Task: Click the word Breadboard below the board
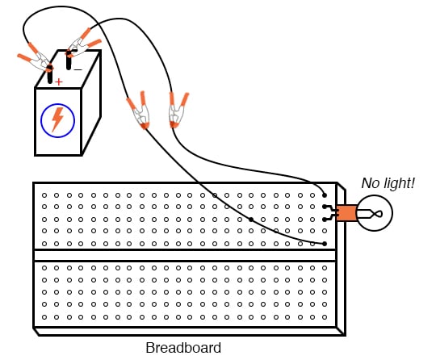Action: pyautogui.click(x=182, y=349)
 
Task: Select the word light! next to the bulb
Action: pyautogui.click(x=399, y=184)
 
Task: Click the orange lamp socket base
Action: pyautogui.click(x=346, y=213)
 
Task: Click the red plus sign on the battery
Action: pyautogui.click(x=58, y=82)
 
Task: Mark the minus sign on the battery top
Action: pyautogui.click(x=78, y=69)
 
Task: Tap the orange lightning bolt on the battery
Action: pyautogui.click(x=57, y=119)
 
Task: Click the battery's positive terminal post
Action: pyautogui.click(x=50, y=76)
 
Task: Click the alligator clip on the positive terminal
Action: pyautogui.click(x=36, y=60)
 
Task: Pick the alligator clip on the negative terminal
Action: pyautogui.click(x=83, y=41)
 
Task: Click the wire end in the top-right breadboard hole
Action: pyautogui.click(x=324, y=195)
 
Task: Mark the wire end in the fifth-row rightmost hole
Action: pyautogui.click(x=324, y=244)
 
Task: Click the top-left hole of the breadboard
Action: pyautogui.click(x=44, y=195)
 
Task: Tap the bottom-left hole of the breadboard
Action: pyautogui.click(x=44, y=316)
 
